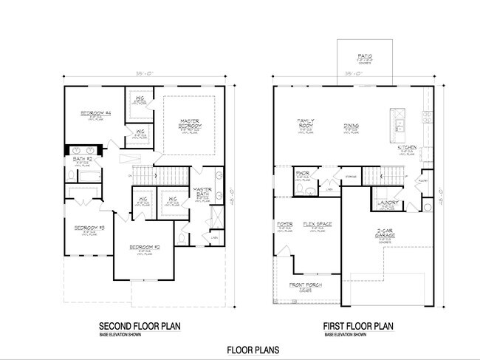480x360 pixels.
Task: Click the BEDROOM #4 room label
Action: coord(95,112)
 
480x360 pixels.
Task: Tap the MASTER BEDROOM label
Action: coord(189,123)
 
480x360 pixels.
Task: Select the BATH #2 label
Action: coord(82,158)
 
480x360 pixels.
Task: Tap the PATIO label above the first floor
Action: coord(364,55)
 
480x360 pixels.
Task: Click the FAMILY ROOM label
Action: coord(306,123)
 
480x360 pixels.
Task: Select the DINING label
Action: coord(351,126)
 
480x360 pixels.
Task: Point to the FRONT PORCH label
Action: coord(305,285)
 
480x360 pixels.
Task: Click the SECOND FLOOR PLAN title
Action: coord(140,326)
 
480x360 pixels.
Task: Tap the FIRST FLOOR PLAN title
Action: coord(358,326)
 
